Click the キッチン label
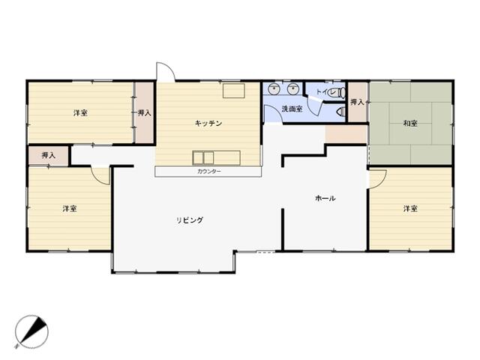(x=208, y=123)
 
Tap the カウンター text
(x=209, y=172)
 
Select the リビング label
(x=190, y=220)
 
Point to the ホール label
(x=325, y=198)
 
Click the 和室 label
(x=410, y=123)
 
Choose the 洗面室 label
(x=292, y=109)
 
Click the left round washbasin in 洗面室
(x=274, y=88)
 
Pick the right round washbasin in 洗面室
(x=293, y=88)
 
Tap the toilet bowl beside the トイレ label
(x=340, y=93)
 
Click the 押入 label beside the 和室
(x=357, y=102)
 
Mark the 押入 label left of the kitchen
(x=144, y=113)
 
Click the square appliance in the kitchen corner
(x=233, y=91)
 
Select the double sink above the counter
(x=203, y=158)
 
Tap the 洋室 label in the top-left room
(x=80, y=113)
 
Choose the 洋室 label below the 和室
(x=410, y=208)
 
